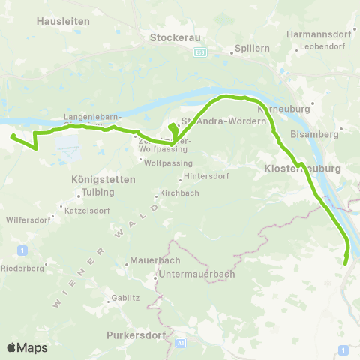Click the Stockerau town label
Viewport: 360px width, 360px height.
pyautogui.click(x=172, y=37)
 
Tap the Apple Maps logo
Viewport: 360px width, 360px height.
pyautogui.click(x=27, y=347)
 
